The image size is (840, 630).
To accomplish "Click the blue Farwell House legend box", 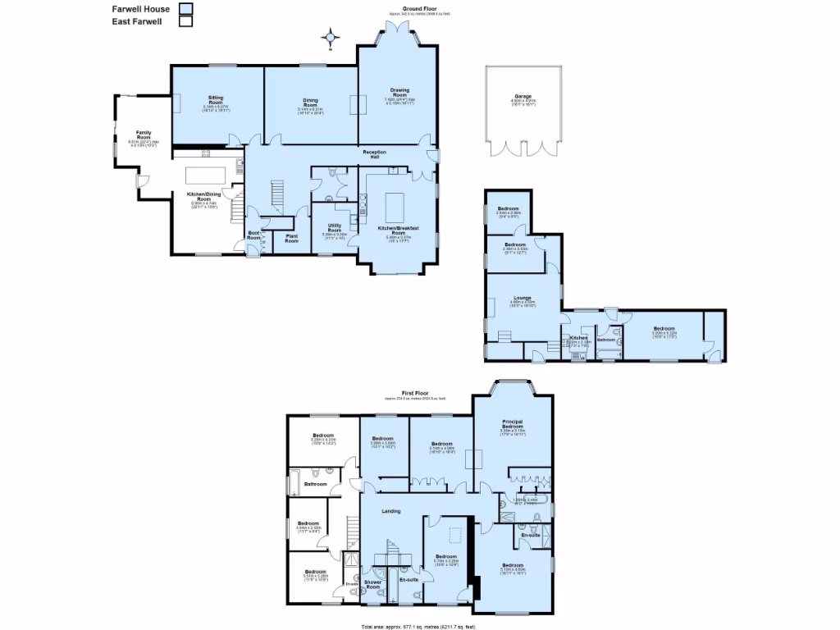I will pos(186,8).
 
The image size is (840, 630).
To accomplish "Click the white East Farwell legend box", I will pos(186,22).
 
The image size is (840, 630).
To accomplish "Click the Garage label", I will pos(523,97).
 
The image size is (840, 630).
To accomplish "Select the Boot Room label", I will pos(253,235).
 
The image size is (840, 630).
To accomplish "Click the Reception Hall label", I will pos(379,154).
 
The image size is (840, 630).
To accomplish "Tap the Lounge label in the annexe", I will pos(523,298).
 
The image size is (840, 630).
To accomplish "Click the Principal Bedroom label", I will pos(513,424).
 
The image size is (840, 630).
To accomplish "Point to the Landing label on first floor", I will pos(391,511).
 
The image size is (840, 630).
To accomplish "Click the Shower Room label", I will pos(372,584).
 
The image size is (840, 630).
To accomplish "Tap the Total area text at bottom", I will pos(418,626).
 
